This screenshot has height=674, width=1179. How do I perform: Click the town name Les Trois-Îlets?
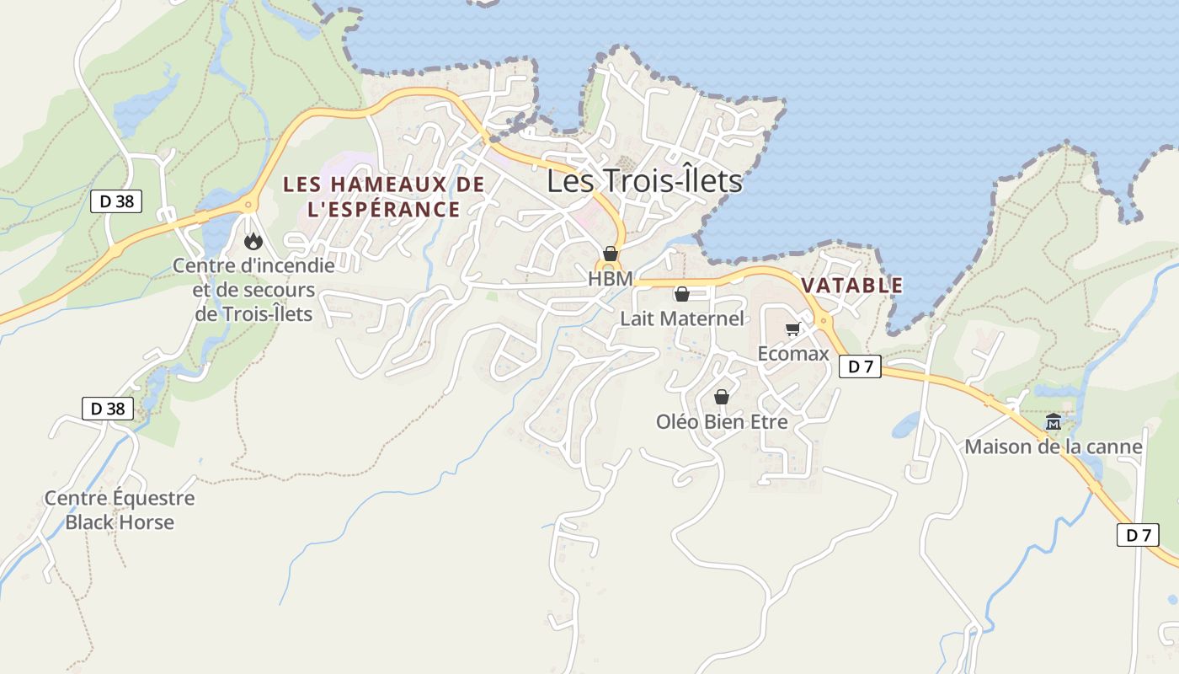(644, 181)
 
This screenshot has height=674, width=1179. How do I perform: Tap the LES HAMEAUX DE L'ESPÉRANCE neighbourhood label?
(383, 196)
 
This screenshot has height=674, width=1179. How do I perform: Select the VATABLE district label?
(851, 286)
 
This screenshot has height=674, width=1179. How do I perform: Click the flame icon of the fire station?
(253, 242)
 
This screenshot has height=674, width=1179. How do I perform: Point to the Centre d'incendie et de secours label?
(253, 290)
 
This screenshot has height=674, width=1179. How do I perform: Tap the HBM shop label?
(610, 278)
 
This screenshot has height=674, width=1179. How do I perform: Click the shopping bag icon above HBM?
(611, 254)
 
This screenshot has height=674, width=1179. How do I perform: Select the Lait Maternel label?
(682, 318)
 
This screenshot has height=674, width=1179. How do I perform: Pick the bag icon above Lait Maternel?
(681, 294)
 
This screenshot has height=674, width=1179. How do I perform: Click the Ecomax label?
(793, 353)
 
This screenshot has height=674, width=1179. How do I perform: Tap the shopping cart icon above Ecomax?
(792, 329)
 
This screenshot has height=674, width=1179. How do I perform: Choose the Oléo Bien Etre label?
(722, 421)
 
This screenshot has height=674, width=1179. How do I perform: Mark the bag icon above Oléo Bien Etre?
(722, 397)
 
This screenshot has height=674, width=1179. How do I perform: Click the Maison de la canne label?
(1053, 447)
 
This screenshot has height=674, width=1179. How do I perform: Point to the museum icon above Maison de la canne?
(1053, 422)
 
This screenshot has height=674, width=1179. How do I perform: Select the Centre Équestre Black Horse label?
(120, 510)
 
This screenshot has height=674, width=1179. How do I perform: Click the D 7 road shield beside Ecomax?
(860, 366)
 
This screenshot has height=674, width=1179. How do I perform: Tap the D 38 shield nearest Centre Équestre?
(109, 409)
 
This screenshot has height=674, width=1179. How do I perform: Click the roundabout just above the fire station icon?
(248, 205)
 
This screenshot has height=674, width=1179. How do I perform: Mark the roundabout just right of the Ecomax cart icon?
(823, 320)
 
